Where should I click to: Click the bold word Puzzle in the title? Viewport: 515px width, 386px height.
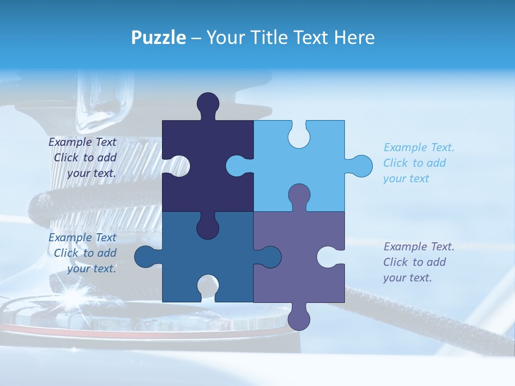[158, 38]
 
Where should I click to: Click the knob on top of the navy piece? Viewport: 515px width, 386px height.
[208, 103]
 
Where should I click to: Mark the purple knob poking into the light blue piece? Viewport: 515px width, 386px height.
[299, 194]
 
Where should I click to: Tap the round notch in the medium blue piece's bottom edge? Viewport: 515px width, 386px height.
[208, 286]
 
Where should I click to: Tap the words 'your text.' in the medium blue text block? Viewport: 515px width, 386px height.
[92, 269]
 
